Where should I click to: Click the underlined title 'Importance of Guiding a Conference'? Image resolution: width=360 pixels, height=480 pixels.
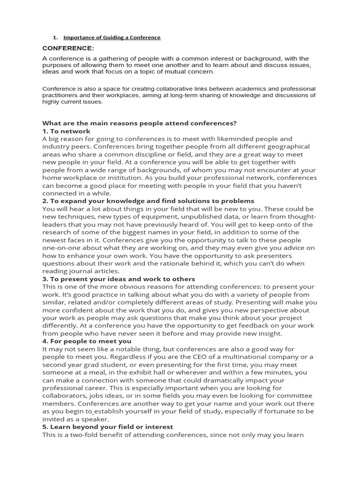[x=112, y=37]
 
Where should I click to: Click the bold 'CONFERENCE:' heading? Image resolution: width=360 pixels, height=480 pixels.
[x=68, y=48]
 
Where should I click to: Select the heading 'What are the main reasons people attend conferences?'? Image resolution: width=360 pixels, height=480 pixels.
[x=139, y=123]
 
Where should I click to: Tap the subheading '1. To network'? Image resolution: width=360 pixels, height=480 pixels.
[x=66, y=131]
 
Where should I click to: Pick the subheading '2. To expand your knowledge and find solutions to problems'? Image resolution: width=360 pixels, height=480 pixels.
[x=148, y=201]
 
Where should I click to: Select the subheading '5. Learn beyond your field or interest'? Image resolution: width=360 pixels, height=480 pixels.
[x=108, y=427]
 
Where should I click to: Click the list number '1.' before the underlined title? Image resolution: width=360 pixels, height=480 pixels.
[x=55, y=37]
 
